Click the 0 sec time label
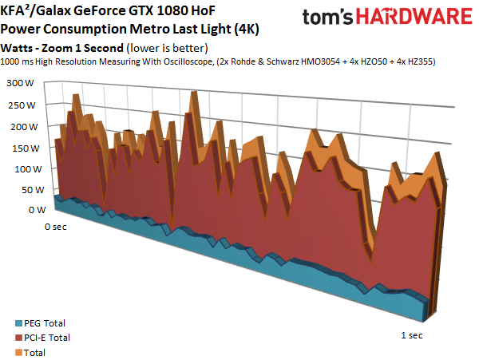[x=55, y=227]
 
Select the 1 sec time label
[x=410, y=335]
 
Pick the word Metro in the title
[x=144, y=29]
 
